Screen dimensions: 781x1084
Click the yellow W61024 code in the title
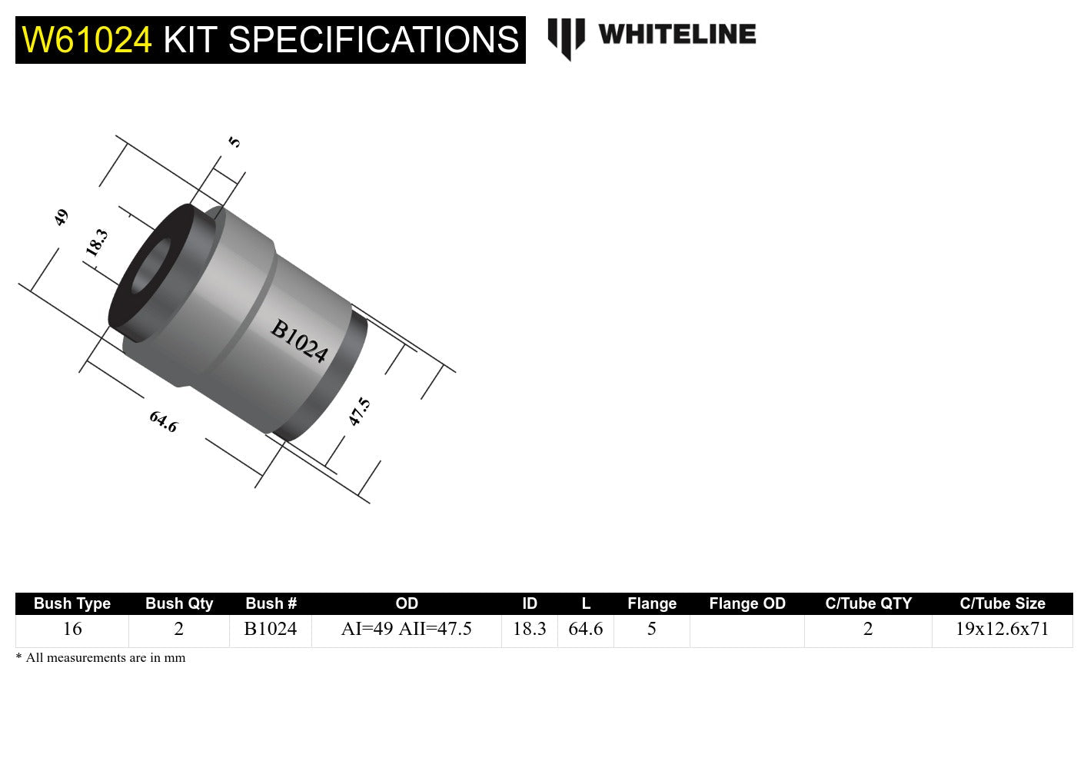[87, 40]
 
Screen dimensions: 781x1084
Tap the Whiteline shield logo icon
[566, 38]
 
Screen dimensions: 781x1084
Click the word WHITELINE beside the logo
[677, 35]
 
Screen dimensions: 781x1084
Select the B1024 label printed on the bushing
[299, 341]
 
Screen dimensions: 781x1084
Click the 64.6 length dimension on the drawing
[163, 421]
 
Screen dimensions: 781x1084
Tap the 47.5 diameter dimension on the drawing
[359, 411]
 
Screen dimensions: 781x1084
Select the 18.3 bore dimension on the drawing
[97, 243]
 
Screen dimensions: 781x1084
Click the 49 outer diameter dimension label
[61, 218]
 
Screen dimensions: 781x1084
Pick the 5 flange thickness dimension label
[234, 142]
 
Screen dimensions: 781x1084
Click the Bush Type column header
[72, 603]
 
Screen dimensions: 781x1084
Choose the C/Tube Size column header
[1002, 603]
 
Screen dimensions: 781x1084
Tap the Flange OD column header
[747, 603]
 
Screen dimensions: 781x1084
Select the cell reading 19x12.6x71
[1002, 629]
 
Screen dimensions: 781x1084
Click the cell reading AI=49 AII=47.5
[406, 629]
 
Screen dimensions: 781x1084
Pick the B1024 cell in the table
[271, 629]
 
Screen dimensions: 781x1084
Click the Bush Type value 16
[72, 629]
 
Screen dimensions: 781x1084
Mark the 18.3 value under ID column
[529, 629]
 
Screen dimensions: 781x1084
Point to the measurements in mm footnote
[101, 658]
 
